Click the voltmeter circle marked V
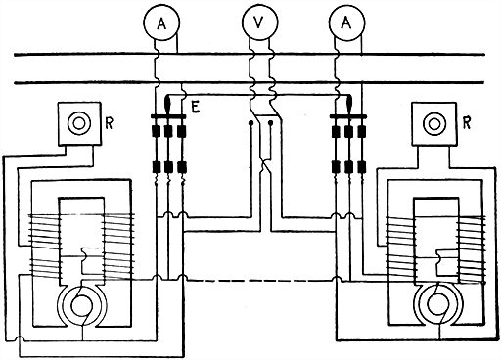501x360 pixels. (256, 20)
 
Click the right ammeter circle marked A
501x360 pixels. (349, 20)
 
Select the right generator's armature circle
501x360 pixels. (433, 306)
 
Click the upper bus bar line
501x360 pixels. (250, 55)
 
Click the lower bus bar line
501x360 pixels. (250, 85)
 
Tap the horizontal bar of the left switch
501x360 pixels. (169, 122)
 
